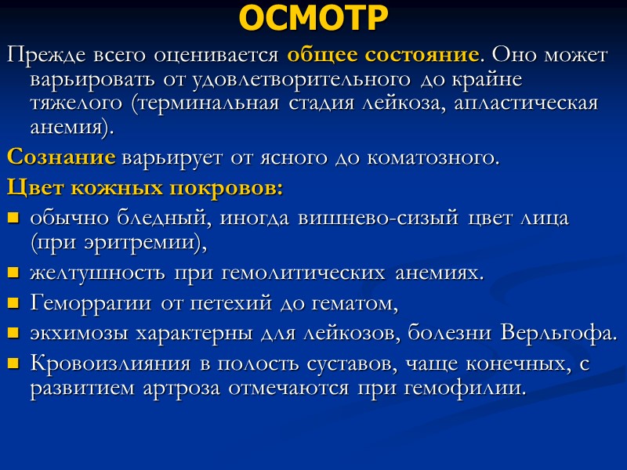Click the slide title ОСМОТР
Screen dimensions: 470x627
[313, 19]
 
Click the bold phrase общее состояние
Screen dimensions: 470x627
[383, 56]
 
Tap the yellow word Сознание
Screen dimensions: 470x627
[61, 157]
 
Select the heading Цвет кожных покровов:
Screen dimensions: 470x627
[145, 189]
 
